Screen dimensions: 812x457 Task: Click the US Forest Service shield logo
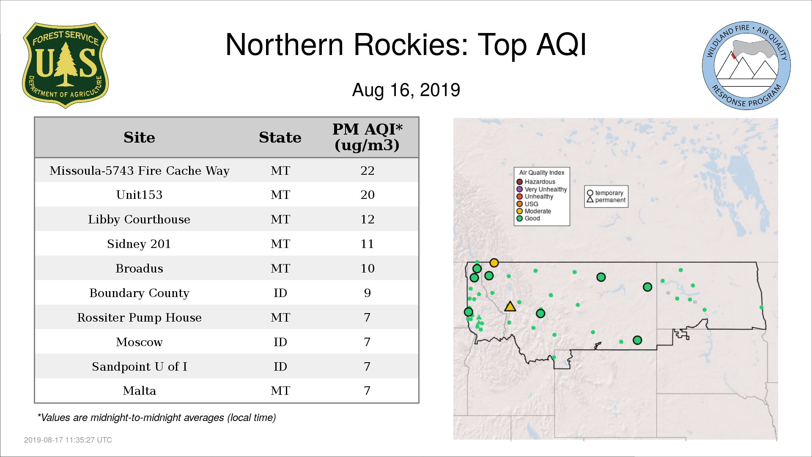point(65,66)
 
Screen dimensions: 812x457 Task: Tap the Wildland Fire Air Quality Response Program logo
point(746,66)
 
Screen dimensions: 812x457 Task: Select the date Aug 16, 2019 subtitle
point(406,90)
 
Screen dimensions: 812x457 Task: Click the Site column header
point(139,138)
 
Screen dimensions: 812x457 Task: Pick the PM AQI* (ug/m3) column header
point(367,137)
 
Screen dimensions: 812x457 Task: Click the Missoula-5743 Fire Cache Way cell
point(139,171)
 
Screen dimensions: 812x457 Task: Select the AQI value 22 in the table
point(367,171)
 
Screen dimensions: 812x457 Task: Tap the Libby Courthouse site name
point(139,219)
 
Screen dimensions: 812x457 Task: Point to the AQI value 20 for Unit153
point(367,195)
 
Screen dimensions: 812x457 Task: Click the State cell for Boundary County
point(280,293)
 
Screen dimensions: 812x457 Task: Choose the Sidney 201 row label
point(139,244)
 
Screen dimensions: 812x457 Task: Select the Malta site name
point(139,391)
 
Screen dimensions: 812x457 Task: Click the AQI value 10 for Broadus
point(367,268)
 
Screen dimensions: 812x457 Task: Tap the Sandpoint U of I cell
point(139,366)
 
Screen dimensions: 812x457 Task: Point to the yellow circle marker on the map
point(494,263)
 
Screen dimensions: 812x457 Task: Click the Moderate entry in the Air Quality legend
point(534,211)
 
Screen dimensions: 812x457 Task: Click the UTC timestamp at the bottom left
point(68,440)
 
